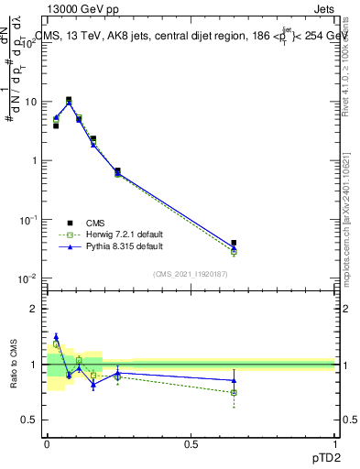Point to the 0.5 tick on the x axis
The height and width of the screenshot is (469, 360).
pos(191,444)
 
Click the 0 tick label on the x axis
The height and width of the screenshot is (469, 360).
pos(46,444)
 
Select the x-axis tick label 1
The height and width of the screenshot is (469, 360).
pos(334,444)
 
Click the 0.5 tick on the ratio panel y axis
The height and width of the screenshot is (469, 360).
pos(34,420)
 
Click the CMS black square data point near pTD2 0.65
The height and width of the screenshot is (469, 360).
pos(234,243)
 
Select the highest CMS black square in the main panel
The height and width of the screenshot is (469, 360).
pos(69,100)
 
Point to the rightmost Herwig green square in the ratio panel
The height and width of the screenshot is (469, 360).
pos(234,392)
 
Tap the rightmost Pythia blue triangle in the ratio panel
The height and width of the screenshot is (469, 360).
pos(234,380)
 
